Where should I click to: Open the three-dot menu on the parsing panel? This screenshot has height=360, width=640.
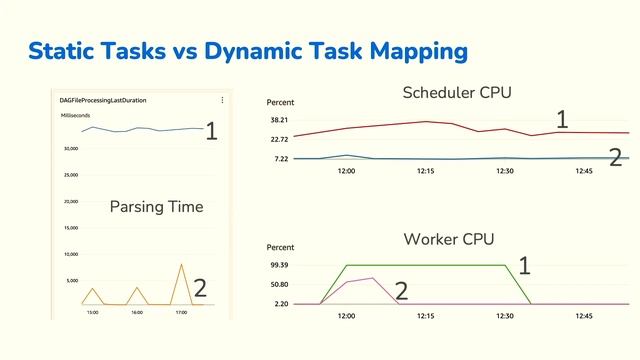[x=222, y=100]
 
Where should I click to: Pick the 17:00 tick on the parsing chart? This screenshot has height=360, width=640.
[x=181, y=312]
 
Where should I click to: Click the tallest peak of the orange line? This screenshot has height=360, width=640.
[x=181, y=265]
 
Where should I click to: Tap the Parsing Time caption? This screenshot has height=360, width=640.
[x=157, y=207]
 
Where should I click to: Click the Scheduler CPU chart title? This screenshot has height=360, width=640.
[x=457, y=93]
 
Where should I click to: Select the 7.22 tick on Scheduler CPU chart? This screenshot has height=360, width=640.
[x=280, y=159]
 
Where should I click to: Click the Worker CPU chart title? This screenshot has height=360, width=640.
[x=448, y=239]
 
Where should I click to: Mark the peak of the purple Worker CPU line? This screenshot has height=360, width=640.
[x=372, y=278]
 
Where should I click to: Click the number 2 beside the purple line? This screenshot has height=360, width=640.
[x=402, y=291]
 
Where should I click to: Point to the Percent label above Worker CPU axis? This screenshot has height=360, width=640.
[x=281, y=247]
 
